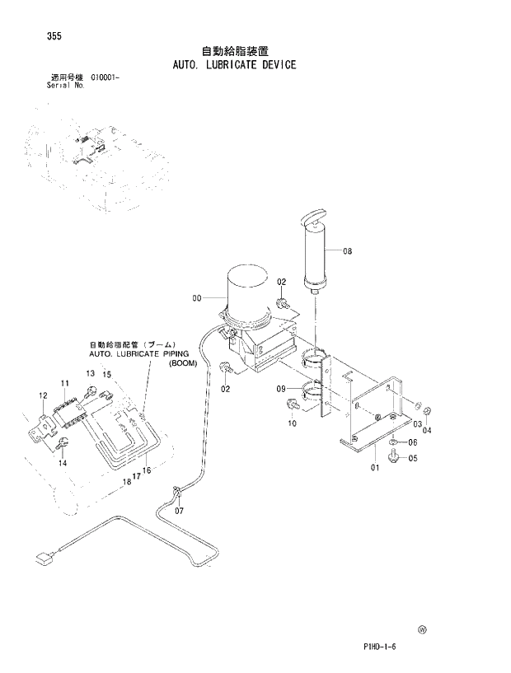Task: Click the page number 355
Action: point(35,36)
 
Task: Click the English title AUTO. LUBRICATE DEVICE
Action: point(234,64)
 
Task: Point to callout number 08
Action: point(347,251)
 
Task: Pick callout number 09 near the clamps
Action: point(281,389)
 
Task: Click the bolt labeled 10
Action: point(293,405)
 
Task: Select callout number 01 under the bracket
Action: point(374,468)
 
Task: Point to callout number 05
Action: point(413,458)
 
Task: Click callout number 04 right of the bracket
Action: point(427,430)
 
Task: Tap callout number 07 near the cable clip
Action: point(177,511)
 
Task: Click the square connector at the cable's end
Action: point(44,560)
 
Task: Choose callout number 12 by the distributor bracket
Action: point(43,397)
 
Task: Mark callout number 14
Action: point(62,464)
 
